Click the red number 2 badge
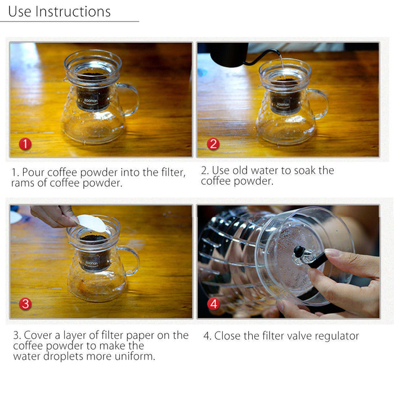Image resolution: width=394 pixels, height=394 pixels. click(x=212, y=144)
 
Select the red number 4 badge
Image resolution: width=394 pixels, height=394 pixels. click(x=213, y=305)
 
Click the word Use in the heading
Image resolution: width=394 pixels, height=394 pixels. click(x=19, y=11)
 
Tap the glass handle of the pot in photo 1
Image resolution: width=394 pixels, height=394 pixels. click(x=130, y=99)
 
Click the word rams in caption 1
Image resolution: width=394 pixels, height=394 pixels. click(x=25, y=183)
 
